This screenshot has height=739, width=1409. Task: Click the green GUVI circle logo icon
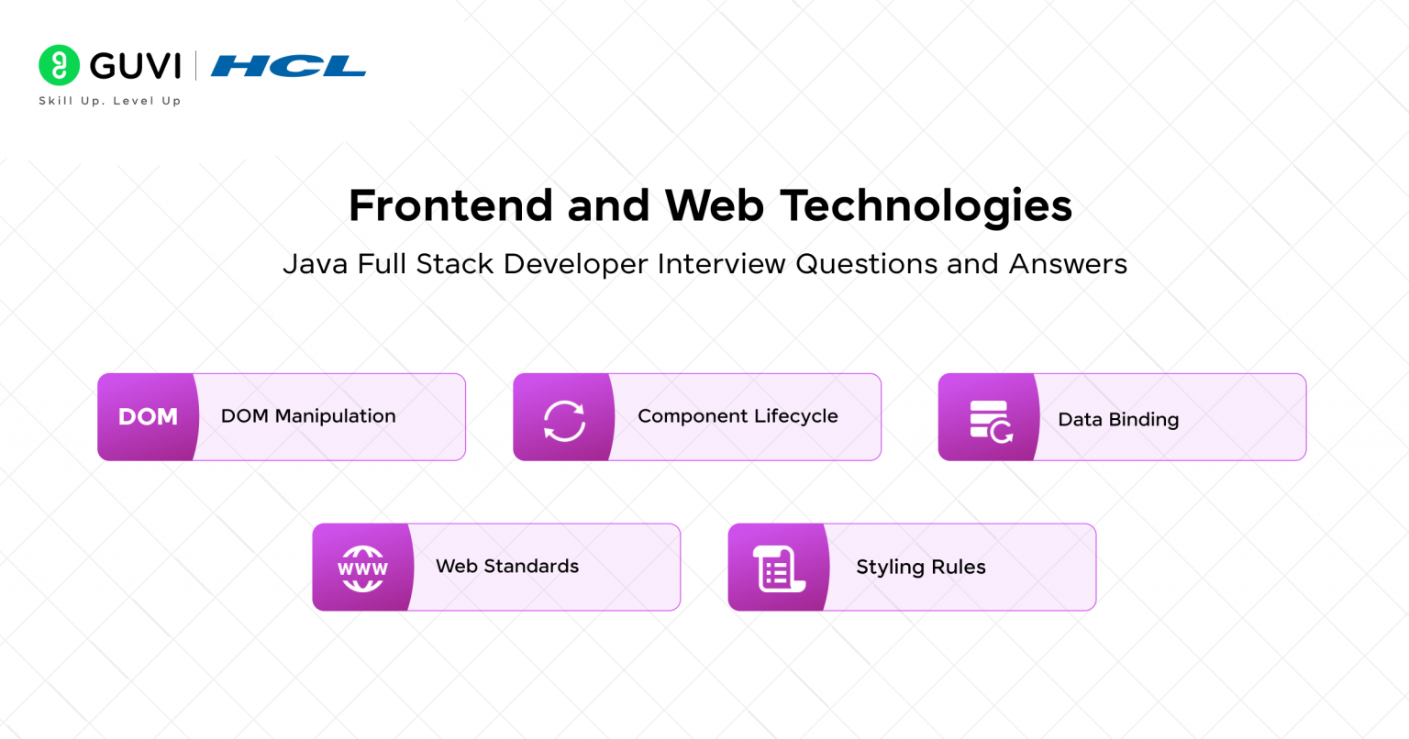[59, 65]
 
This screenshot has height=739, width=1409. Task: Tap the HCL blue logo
[288, 66]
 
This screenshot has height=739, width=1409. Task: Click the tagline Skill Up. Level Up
[110, 101]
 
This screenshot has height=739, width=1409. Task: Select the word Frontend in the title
[449, 205]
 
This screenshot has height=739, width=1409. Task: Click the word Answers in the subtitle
[1068, 264]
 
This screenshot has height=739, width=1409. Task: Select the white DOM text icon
[148, 417]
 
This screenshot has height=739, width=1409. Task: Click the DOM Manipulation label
[308, 416]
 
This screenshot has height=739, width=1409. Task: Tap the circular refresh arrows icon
[563, 421]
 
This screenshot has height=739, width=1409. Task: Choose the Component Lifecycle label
[738, 416]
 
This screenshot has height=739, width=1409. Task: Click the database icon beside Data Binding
[990, 421]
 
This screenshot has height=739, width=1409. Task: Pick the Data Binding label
[1118, 420]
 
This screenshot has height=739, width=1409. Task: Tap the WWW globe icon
[362, 568]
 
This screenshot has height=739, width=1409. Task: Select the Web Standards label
[507, 567]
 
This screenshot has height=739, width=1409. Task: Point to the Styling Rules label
[921, 568]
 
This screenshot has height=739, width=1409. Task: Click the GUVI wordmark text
[136, 66]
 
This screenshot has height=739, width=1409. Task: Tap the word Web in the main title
[714, 205]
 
